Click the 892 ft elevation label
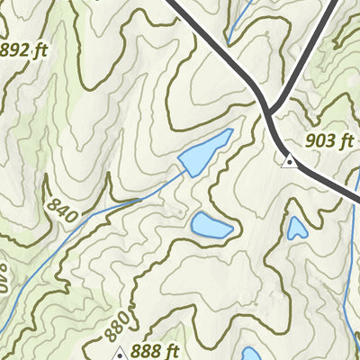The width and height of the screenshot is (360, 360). [x=22, y=51]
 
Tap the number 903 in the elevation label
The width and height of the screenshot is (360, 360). [x=318, y=140]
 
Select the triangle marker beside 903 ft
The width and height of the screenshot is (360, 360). [x=289, y=162]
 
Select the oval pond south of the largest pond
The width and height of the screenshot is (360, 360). [x=211, y=226]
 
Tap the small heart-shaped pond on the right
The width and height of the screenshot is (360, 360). [x=296, y=229]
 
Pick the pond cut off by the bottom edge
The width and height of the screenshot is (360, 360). [x=251, y=354]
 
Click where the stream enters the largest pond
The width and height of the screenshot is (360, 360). [x=183, y=171]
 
